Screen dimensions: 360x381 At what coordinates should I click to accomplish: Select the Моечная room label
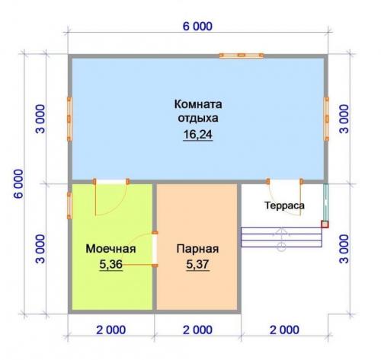point(110,248)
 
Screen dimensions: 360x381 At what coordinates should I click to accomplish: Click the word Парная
point(197,248)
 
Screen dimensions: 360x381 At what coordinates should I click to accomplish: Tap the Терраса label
point(285,205)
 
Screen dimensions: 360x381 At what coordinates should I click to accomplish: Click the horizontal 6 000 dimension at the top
point(197,26)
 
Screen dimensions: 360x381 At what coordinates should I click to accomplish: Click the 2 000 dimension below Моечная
point(111,330)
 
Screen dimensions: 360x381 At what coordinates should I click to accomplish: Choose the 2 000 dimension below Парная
point(197,330)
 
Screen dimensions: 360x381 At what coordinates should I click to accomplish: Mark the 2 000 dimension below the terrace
point(283,330)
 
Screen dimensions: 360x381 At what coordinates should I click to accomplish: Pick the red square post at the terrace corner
point(325,224)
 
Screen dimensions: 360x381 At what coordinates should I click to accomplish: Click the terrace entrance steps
point(281,237)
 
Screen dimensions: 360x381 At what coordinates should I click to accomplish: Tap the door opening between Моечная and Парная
point(155,249)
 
